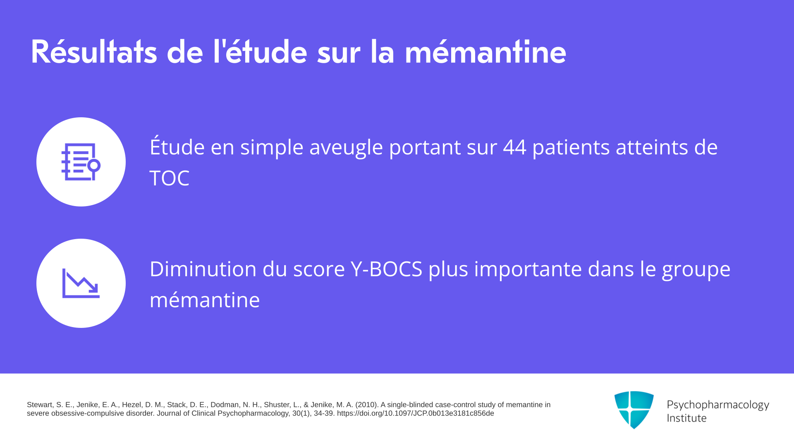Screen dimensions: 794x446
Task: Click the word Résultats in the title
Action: (94, 52)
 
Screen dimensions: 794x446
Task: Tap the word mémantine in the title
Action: (485, 52)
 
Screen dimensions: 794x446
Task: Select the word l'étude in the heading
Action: (260, 52)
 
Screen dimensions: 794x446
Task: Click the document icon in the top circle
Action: (81, 162)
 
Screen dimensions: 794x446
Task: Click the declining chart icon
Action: (81, 283)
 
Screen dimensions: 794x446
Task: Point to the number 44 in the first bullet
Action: (514, 147)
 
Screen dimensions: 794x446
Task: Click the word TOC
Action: (170, 178)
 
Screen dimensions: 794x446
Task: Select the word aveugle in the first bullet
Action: (346, 148)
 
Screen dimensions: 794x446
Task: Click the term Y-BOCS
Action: (387, 269)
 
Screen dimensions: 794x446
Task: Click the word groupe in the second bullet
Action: (696, 270)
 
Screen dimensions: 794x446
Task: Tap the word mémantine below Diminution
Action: (205, 300)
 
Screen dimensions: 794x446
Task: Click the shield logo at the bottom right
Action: (634, 410)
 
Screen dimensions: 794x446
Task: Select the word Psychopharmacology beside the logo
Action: (718, 405)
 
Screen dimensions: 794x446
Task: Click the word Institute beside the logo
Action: (686, 418)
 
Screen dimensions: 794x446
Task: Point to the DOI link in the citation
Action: (415, 413)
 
